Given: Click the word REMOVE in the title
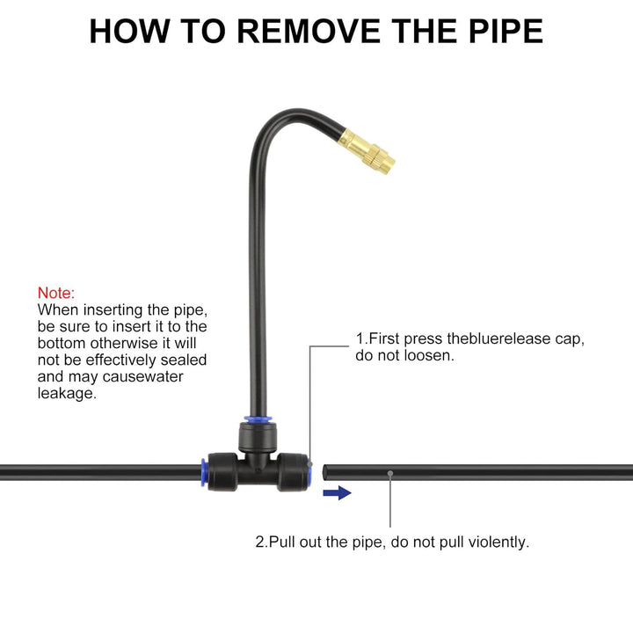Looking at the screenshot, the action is click(309, 31).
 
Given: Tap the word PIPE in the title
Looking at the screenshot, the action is click(506, 31).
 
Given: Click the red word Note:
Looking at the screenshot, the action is click(56, 293).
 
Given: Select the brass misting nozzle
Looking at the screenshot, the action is click(366, 151).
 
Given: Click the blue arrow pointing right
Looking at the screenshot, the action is click(337, 492).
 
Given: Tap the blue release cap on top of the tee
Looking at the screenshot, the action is click(258, 419).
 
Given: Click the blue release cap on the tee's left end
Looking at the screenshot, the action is click(204, 472).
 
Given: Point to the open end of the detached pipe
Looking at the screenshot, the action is click(324, 472).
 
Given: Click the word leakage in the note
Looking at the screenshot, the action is click(66, 393).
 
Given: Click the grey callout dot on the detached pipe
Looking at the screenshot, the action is click(390, 473).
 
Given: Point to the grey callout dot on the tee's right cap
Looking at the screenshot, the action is click(309, 464).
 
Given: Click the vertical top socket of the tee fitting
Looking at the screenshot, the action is click(258, 437).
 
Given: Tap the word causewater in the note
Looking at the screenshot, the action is click(143, 376).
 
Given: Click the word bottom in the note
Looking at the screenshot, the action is click(62, 343).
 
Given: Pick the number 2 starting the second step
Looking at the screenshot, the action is click(259, 542).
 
